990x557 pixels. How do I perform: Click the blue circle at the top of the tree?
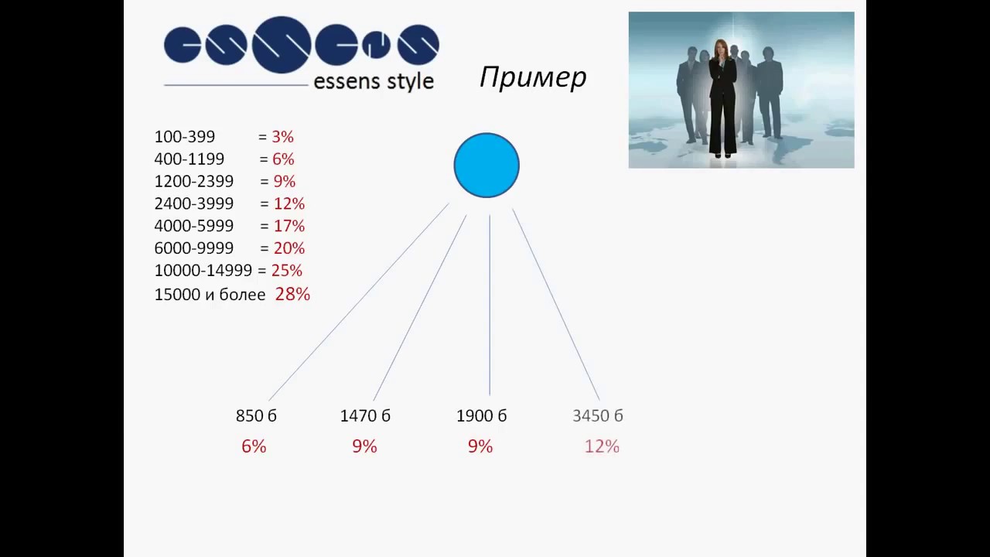coord(486,166)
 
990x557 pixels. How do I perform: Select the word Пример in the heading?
coord(533,77)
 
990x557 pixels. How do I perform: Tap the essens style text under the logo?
coord(373,81)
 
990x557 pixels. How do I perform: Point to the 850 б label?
coord(256,415)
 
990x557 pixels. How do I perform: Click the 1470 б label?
coord(365,415)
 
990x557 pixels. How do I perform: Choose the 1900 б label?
coord(481,415)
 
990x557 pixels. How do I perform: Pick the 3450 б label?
coord(598,415)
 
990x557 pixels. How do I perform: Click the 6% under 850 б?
coord(254,446)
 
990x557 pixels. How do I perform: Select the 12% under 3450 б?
coord(602,446)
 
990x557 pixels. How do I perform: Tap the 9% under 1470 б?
coord(364,446)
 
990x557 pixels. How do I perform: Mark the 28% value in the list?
coord(292,294)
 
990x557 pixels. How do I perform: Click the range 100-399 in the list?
coord(185,137)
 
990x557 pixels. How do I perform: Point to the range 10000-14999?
coord(203,271)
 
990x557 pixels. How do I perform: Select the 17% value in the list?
coord(288,226)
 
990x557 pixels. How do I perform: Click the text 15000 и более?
coord(210,294)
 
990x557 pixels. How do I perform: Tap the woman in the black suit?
coord(722,97)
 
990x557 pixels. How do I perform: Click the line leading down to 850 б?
coord(358,302)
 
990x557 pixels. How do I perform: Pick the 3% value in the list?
coord(282,137)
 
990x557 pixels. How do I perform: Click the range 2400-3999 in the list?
coord(193,203)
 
